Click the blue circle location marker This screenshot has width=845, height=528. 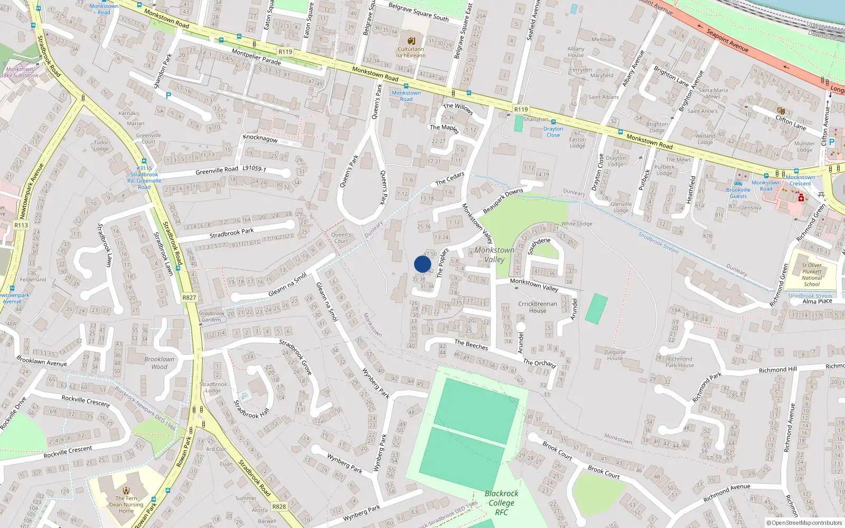422,264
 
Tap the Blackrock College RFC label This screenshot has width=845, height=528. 501,503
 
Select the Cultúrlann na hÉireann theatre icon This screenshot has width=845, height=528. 411,40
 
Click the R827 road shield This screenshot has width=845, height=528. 189,297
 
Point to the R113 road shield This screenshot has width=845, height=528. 21,225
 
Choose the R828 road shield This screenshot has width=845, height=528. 279,506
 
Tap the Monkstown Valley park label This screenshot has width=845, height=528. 494,254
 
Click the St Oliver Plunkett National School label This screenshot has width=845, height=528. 812,275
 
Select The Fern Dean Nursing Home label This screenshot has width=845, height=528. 126,504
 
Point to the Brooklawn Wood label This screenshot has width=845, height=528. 159,363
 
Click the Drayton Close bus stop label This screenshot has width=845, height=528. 553,132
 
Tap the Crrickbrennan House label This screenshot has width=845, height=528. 538,307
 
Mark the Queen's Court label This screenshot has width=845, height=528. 341,238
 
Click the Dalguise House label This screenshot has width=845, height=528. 615,355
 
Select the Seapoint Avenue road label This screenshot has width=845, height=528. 727,40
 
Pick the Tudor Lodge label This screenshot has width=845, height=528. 101,145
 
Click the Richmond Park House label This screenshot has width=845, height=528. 680,362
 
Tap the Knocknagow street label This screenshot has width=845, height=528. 260,138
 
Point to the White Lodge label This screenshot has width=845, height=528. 577,224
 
